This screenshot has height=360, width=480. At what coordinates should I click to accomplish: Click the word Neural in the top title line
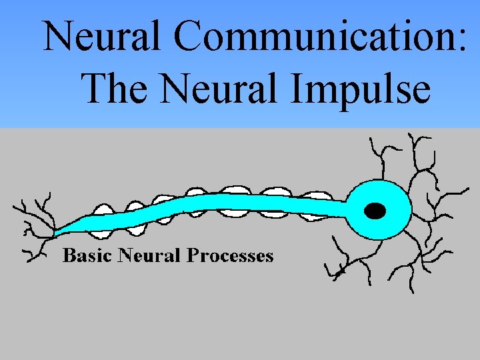[x=101, y=37]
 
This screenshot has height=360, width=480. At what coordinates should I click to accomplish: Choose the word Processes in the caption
[x=230, y=255]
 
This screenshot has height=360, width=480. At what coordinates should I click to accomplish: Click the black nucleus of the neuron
[x=376, y=211]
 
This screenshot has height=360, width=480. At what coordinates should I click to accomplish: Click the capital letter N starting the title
[x=59, y=37]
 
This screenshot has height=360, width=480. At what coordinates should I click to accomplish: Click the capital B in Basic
[x=68, y=255]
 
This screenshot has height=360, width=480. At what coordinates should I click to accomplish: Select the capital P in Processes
[x=193, y=255]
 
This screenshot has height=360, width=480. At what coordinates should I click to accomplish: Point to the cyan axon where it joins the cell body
[x=345, y=203]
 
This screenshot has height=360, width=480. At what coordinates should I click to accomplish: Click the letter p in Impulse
[x=354, y=93]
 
